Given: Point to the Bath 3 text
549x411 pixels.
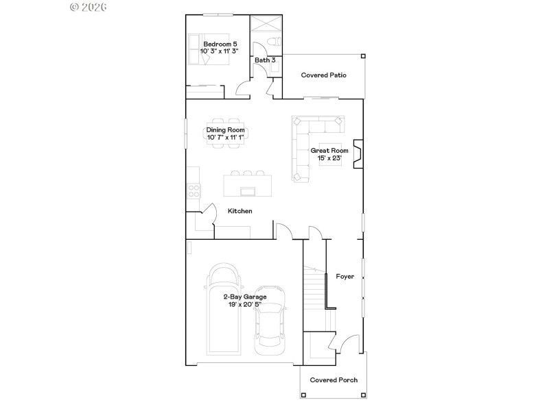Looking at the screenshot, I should pos(265,60).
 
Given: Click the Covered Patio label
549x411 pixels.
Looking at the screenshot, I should pos(323,75).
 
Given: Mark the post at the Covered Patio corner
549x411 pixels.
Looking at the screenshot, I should pos(363,56).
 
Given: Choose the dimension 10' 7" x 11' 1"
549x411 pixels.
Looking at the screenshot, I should pos(226,138).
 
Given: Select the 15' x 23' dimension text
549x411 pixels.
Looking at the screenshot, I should pos(329,158).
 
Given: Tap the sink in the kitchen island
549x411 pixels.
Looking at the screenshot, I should pos(247,190).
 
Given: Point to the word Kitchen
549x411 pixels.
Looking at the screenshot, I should pos(240,211).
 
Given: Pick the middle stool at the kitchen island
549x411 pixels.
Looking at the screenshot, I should pos(247,173).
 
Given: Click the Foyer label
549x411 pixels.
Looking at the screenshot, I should pos(344,277).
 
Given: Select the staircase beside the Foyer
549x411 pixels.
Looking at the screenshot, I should pos(314,288).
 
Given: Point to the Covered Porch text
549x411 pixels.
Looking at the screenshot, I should pos(334,380).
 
